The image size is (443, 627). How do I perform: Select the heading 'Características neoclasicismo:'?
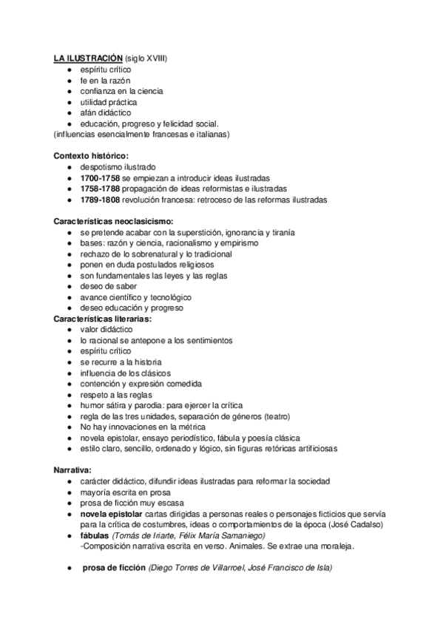point(114,221)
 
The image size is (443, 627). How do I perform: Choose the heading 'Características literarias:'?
point(103,319)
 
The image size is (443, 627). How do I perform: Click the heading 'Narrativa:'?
point(72,470)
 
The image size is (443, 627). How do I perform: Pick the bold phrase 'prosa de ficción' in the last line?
point(114,567)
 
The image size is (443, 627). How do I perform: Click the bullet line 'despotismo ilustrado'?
point(118,167)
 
